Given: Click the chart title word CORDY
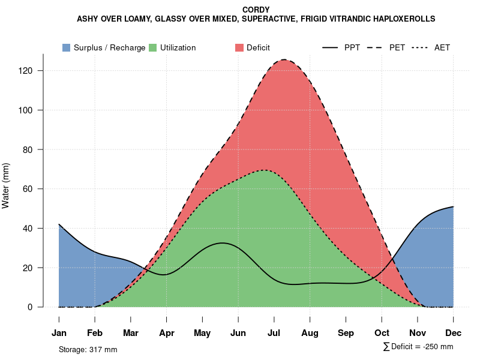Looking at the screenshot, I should point(256,10).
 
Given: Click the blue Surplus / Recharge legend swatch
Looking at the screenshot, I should point(66,48).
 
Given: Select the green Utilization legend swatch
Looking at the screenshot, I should point(152,48).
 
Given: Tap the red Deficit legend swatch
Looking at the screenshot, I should point(239,48).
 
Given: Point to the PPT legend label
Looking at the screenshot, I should point(352,48).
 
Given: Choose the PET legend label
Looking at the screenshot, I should point(397,48).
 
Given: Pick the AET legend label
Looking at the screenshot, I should point(442,48).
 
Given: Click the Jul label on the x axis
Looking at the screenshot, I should point(274,333).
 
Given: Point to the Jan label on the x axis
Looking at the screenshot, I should point(59,333).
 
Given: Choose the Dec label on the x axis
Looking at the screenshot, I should point(453,333).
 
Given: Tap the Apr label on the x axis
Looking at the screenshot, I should point(166,333).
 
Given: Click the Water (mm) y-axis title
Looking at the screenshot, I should point(6,186).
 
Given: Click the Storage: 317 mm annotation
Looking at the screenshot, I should point(88,349).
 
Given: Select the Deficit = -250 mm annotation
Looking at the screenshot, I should point(418,347).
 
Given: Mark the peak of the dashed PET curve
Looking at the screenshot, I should point(284,60).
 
